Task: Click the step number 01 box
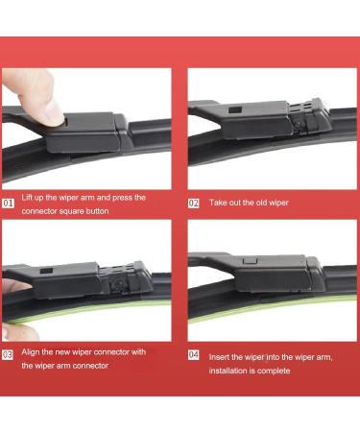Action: click(x=8, y=204)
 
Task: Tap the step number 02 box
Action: click(x=194, y=204)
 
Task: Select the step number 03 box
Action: click(x=8, y=354)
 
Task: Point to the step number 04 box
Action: click(x=194, y=354)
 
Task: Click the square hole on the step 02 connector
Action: click(x=235, y=109)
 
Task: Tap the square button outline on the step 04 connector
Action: click(x=250, y=260)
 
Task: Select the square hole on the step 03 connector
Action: click(x=46, y=271)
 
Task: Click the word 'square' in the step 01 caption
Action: click(x=70, y=211)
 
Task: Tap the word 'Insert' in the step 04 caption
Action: click(x=219, y=357)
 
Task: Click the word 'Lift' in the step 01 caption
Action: click(x=27, y=197)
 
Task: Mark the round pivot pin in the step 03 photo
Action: click(x=118, y=282)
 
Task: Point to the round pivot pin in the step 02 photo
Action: click(x=298, y=125)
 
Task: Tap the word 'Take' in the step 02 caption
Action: click(x=217, y=203)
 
